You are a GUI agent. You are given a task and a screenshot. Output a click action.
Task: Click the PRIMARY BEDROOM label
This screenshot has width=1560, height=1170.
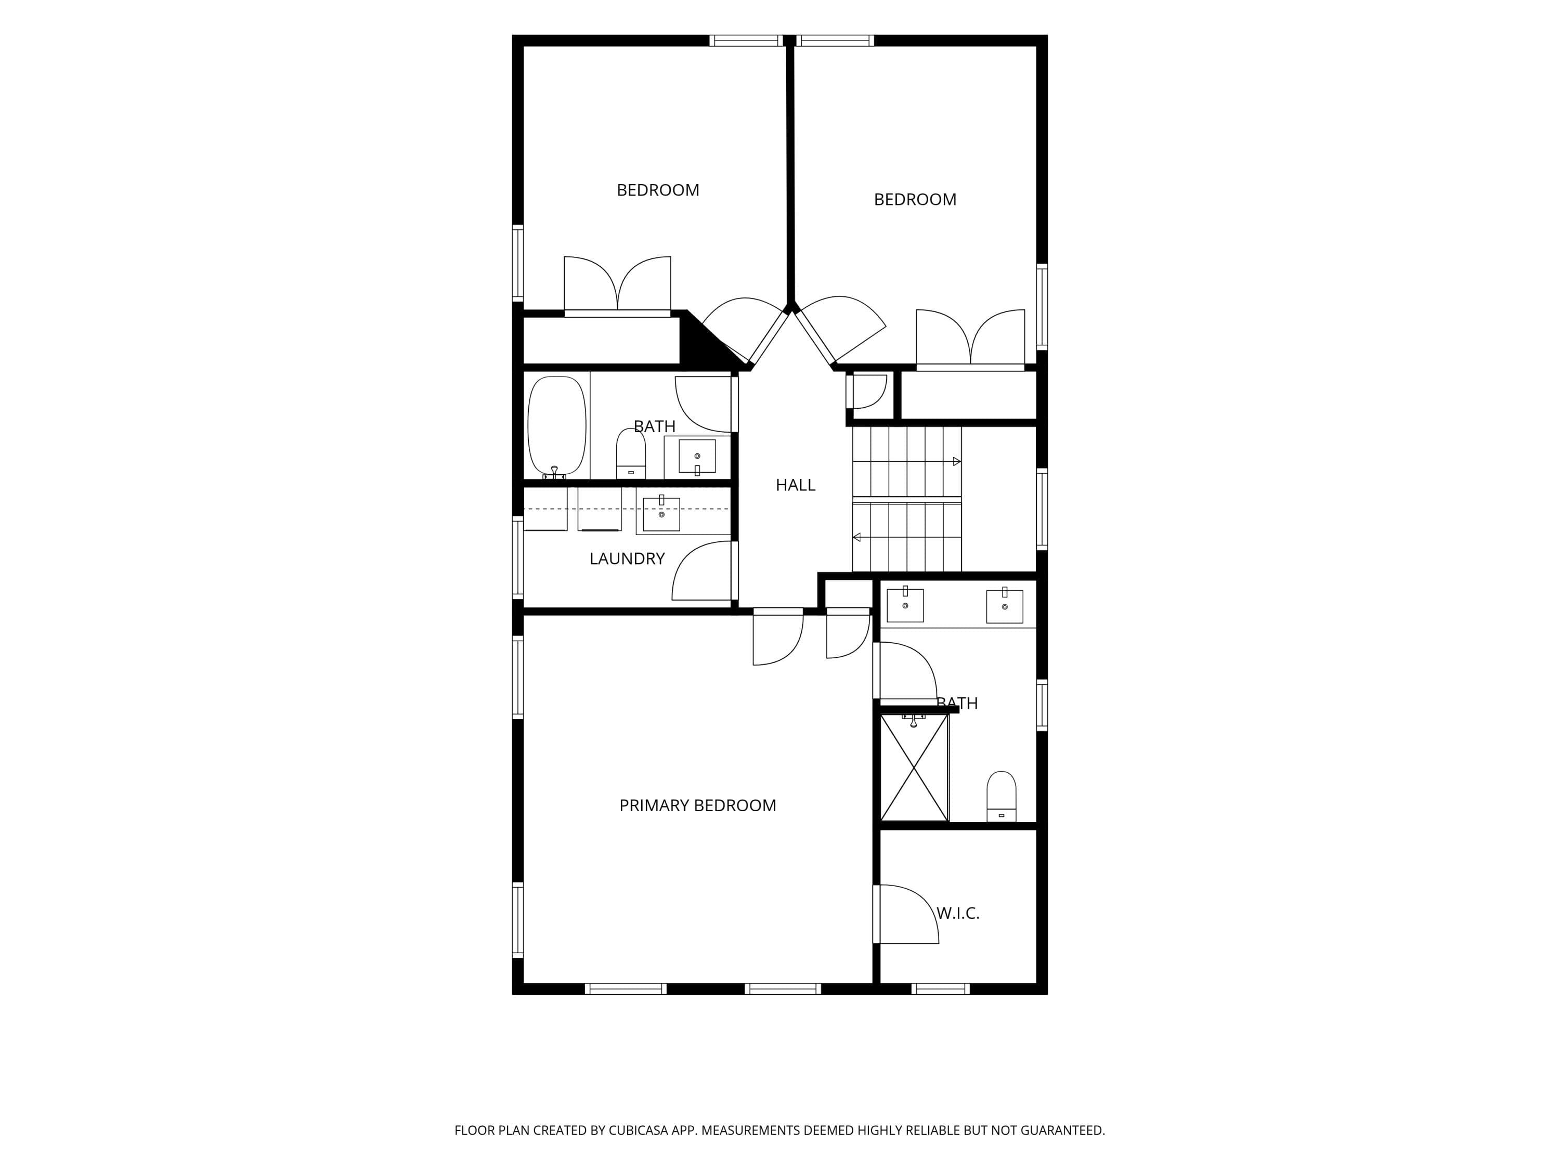[x=697, y=805]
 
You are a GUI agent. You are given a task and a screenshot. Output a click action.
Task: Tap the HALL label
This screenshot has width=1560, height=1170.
[x=796, y=485]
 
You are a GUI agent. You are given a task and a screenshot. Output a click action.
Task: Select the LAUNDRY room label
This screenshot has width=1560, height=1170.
[x=627, y=558]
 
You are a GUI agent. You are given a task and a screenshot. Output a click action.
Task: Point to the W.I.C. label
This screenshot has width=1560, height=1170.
[x=958, y=913]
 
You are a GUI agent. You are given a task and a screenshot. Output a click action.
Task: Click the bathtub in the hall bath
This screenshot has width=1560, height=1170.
[x=557, y=427]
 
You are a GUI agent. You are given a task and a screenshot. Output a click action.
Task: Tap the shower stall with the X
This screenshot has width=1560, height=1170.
[x=914, y=768]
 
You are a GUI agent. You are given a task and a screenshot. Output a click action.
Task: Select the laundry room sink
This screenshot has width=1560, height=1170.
[x=661, y=513]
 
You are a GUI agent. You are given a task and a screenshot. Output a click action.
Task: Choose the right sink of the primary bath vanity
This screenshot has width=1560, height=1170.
[x=1004, y=606]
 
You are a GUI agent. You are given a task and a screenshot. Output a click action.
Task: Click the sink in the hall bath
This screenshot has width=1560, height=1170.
[x=697, y=456]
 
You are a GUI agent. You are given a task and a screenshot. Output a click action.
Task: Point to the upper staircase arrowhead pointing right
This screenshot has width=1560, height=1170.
[x=957, y=462]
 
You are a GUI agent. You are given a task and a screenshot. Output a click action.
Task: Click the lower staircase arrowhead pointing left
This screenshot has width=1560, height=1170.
[x=857, y=537]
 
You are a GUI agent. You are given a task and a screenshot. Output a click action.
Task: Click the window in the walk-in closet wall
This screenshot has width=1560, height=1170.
[x=941, y=989]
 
